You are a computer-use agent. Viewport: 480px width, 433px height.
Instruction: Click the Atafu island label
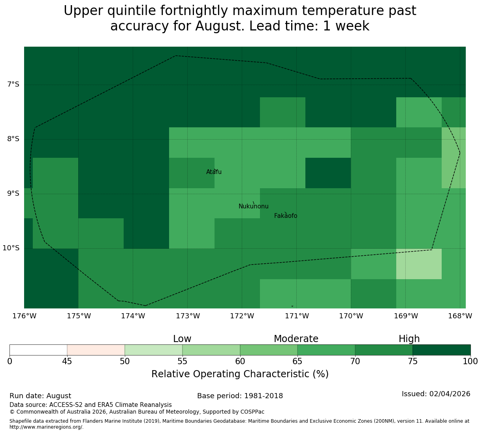point(214,172)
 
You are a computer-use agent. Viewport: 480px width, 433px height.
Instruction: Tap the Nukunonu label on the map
point(253,206)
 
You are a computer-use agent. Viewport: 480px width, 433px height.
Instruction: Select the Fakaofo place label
point(286,216)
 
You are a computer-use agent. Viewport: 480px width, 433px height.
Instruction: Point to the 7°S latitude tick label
point(13,84)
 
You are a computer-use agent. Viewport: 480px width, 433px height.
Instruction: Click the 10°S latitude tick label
point(11,248)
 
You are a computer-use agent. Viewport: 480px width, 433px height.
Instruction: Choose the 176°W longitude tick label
point(24,316)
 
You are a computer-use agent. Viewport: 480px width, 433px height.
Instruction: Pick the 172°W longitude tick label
point(242,316)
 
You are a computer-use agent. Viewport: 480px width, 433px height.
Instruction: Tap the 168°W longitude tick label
point(460,316)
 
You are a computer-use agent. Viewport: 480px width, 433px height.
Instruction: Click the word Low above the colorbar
point(182,339)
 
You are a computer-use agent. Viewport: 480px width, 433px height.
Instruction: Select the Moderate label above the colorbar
point(296,339)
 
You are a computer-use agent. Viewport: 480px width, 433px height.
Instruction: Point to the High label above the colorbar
point(409,339)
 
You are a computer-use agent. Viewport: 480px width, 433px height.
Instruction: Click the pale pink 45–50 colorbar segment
point(96,350)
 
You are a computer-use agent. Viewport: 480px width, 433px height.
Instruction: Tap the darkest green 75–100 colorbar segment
point(441,350)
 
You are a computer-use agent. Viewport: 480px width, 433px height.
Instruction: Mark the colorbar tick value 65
point(297,361)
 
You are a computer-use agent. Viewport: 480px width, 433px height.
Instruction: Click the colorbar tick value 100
point(470,361)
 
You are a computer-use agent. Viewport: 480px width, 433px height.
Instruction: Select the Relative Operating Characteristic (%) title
point(240,374)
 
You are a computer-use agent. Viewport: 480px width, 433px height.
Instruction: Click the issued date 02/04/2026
point(450,394)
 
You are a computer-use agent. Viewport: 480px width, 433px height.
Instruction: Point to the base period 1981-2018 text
point(263,395)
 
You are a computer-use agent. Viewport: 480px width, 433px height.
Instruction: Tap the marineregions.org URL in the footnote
point(47,427)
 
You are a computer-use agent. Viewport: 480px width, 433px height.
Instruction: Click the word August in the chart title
point(220,26)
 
